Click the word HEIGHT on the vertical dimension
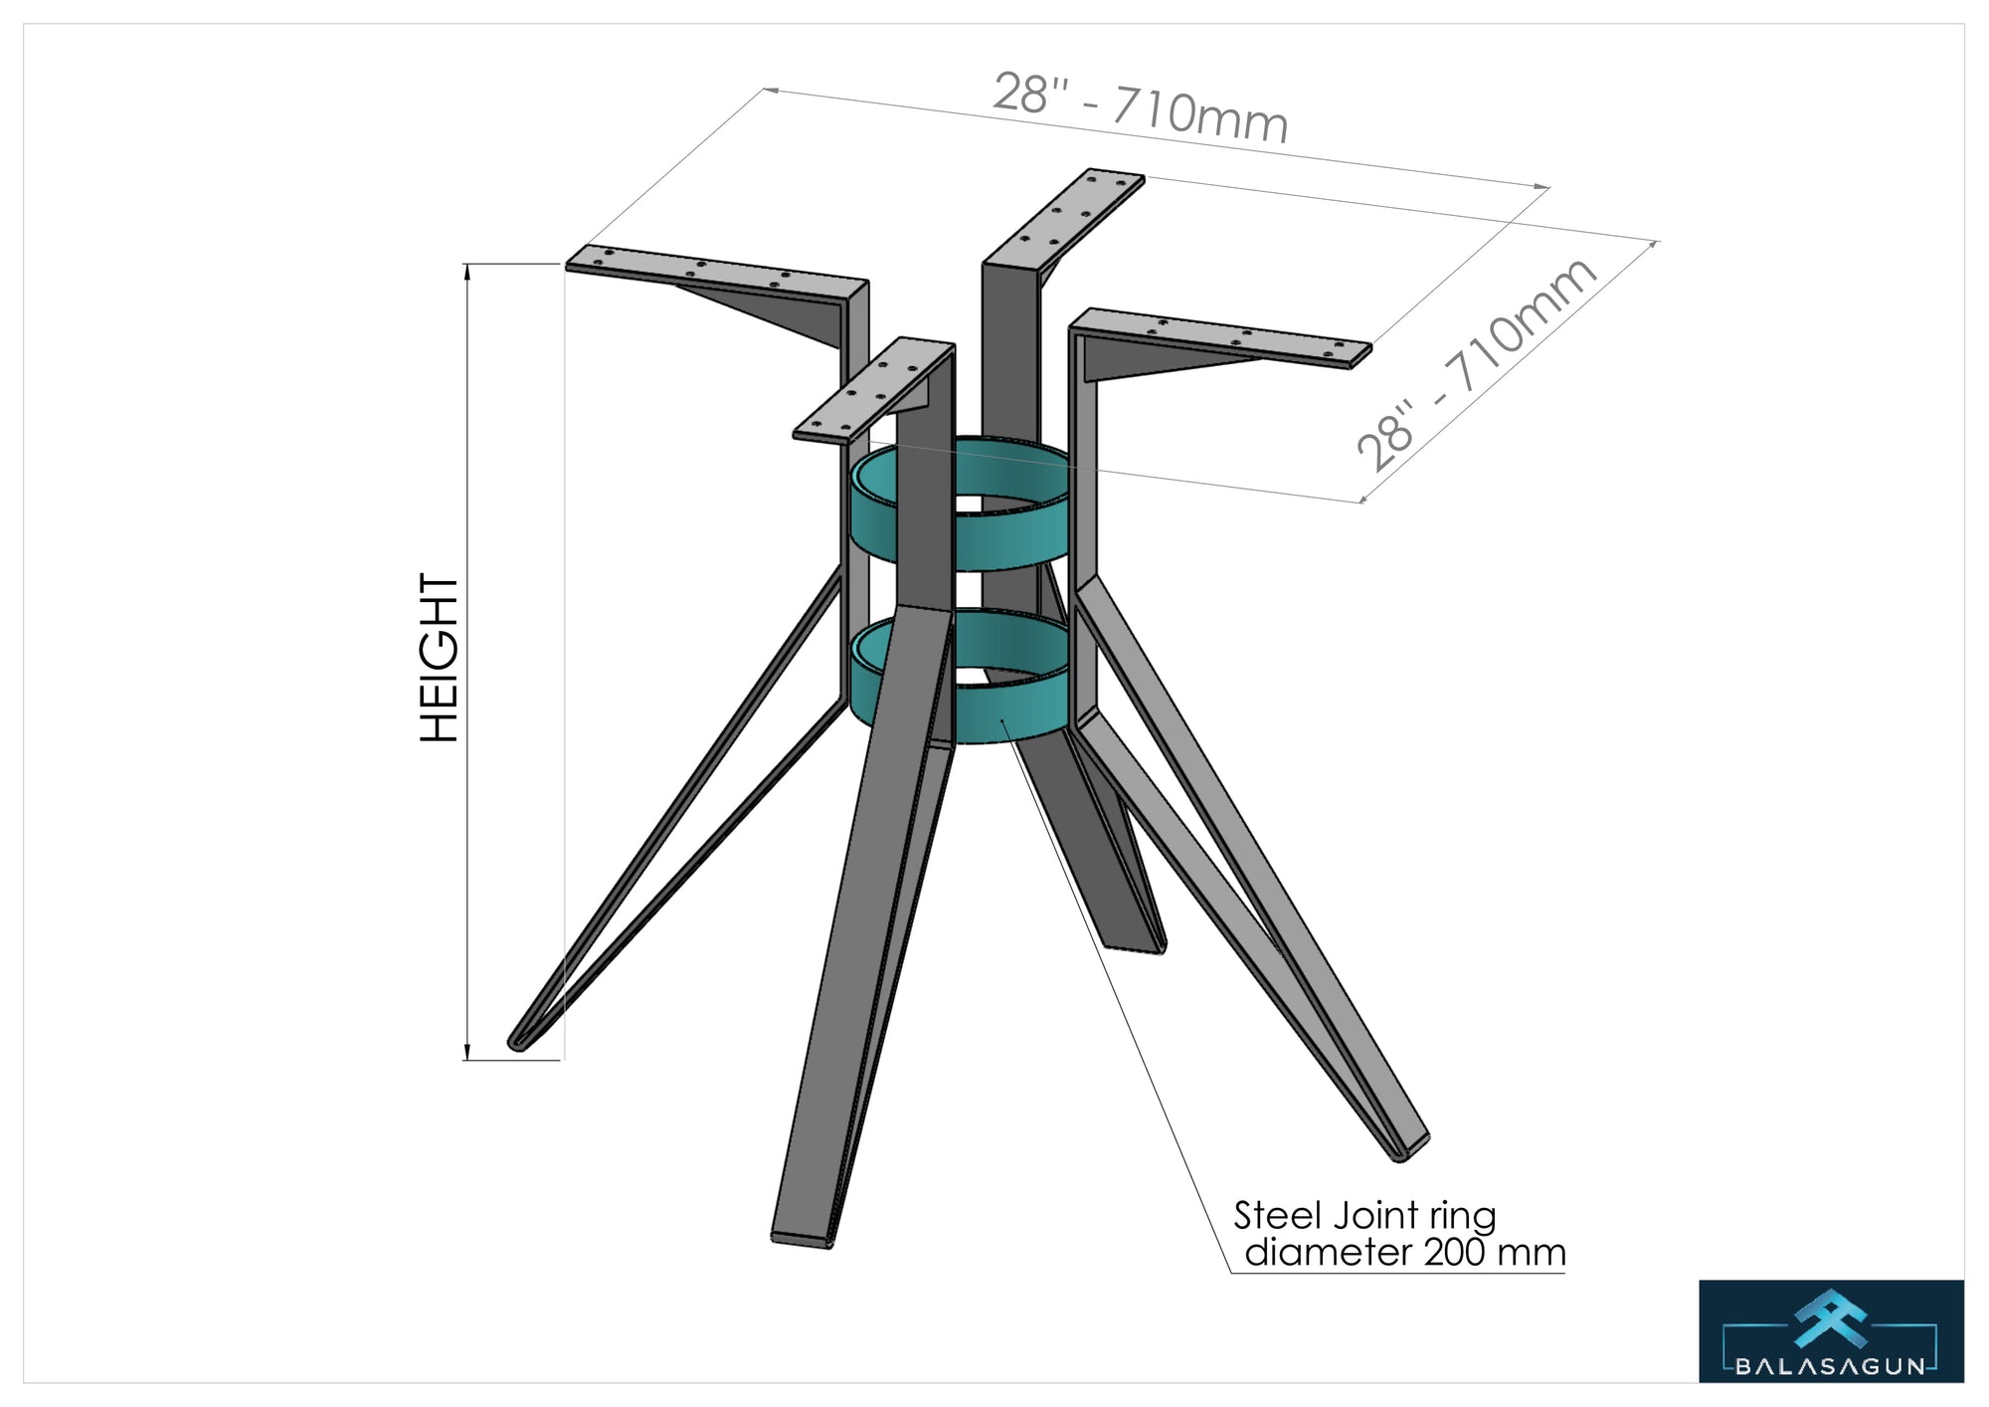pos(440,658)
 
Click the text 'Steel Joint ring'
pos(1364,1216)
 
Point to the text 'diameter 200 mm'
pos(1405,1252)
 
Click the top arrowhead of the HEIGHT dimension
pos(467,272)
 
